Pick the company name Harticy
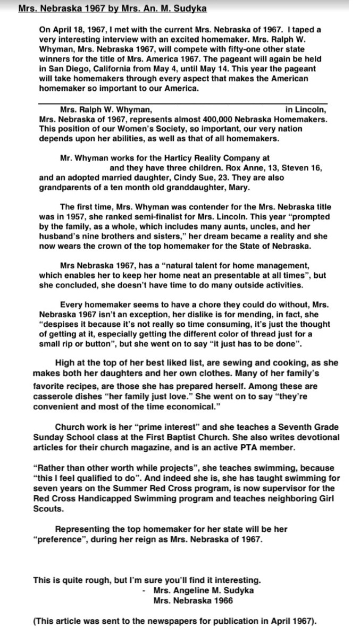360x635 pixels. pos(173,158)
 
